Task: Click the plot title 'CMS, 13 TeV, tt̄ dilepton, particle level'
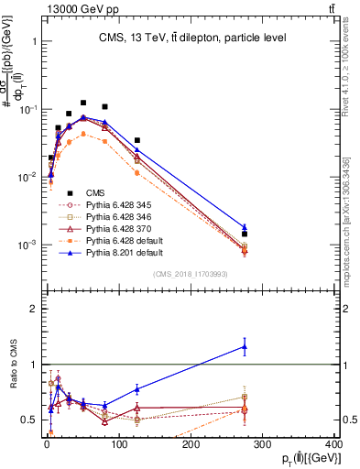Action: pos(192,38)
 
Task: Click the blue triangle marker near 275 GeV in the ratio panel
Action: pos(245,345)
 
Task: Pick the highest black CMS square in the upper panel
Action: pos(83,103)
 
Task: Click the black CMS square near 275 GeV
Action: pos(245,234)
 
